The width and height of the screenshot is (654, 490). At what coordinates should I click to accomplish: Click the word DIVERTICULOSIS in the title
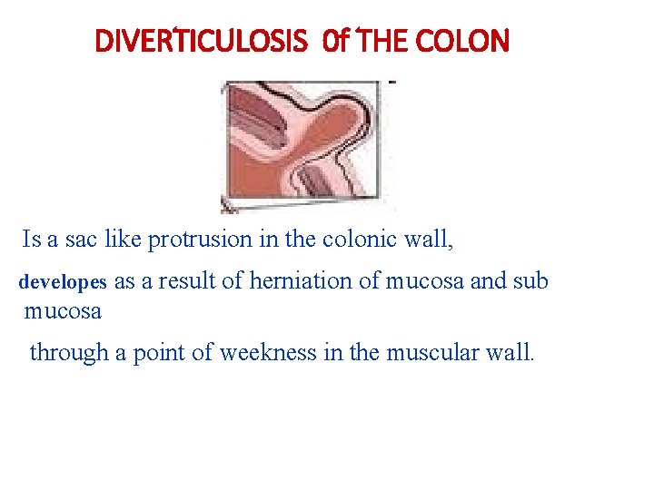202,42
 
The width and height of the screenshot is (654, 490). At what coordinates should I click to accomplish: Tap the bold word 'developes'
63,282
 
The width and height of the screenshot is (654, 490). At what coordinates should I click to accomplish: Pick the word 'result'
187,281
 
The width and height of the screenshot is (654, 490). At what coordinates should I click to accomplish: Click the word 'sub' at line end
530,281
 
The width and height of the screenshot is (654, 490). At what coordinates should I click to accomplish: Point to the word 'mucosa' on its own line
63,312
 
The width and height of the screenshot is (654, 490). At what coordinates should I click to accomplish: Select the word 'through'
69,352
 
